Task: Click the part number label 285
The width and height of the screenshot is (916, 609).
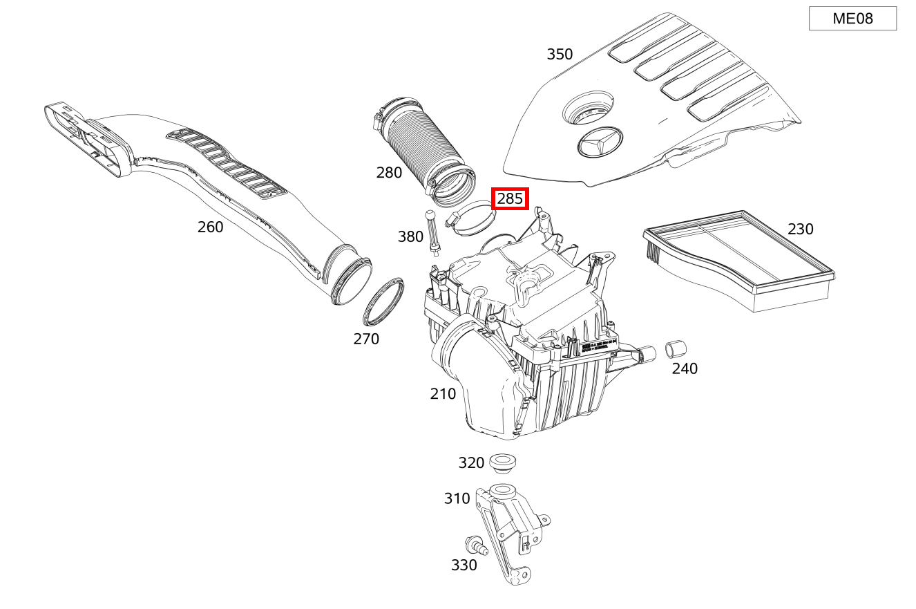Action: coord(510,199)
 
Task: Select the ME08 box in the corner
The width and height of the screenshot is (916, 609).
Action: coord(852,19)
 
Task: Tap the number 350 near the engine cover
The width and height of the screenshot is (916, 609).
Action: coord(560,54)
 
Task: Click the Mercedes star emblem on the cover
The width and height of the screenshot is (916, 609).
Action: coord(599,143)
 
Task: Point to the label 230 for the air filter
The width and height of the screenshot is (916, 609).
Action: coord(800,229)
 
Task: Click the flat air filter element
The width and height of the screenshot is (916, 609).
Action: coord(739,259)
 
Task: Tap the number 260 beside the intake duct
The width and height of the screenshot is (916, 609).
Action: coord(210,227)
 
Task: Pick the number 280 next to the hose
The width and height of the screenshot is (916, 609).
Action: coord(389,173)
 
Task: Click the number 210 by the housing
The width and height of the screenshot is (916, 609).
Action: coord(443,394)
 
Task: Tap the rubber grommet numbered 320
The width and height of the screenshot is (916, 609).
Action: coord(503,462)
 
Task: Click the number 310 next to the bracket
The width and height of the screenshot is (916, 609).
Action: coord(457,498)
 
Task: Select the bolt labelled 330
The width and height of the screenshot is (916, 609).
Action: coord(477,546)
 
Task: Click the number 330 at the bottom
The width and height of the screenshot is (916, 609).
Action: coord(464,565)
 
